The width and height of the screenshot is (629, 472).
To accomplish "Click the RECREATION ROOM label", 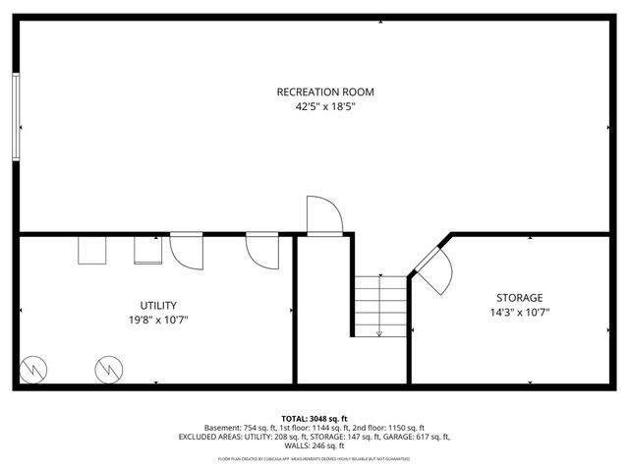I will pyautogui.click(x=324, y=92).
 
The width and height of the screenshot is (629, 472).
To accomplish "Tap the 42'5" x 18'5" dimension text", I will pyautogui.click(x=324, y=107).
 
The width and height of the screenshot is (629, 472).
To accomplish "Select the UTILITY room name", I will pyautogui.click(x=157, y=305).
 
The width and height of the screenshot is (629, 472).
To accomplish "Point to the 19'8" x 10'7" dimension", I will pyautogui.click(x=157, y=320).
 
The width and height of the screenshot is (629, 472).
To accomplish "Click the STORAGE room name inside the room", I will pyautogui.click(x=518, y=298).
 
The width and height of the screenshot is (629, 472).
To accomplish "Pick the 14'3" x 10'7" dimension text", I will pyautogui.click(x=518, y=313).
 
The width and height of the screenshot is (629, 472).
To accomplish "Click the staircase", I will pyautogui.click(x=380, y=305).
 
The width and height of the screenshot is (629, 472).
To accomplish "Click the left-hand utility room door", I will pyautogui.click(x=186, y=251).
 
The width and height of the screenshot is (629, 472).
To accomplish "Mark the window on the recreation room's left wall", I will pyautogui.click(x=16, y=116).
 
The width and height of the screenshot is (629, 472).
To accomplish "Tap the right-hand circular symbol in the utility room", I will pyautogui.click(x=107, y=370).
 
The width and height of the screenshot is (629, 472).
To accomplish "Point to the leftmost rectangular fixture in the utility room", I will pyautogui.click(x=93, y=250).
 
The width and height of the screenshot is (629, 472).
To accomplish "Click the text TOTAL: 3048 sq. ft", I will pyautogui.click(x=314, y=418).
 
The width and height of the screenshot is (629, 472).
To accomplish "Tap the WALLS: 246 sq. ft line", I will pyautogui.click(x=314, y=445).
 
